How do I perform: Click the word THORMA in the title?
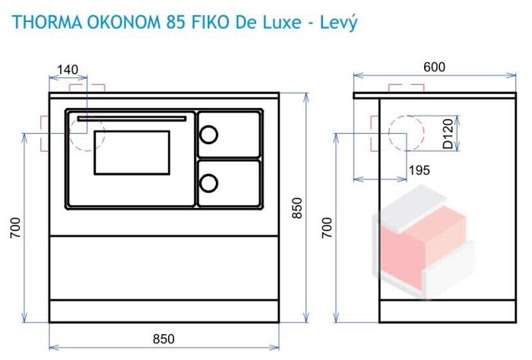[x=47, y=22]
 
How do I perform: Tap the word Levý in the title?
[x=339, y=23]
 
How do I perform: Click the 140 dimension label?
[x=68, y=69]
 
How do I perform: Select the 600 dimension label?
[x=434, y=67]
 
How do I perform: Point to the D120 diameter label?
[x=448, y=134]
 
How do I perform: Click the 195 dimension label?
[x=420, y=170]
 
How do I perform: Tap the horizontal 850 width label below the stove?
[x=163, y=339]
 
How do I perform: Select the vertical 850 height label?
[x=296, y=208]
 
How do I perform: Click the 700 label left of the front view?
[x=15, y=228]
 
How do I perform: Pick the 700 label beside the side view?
[x=327, y=228]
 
